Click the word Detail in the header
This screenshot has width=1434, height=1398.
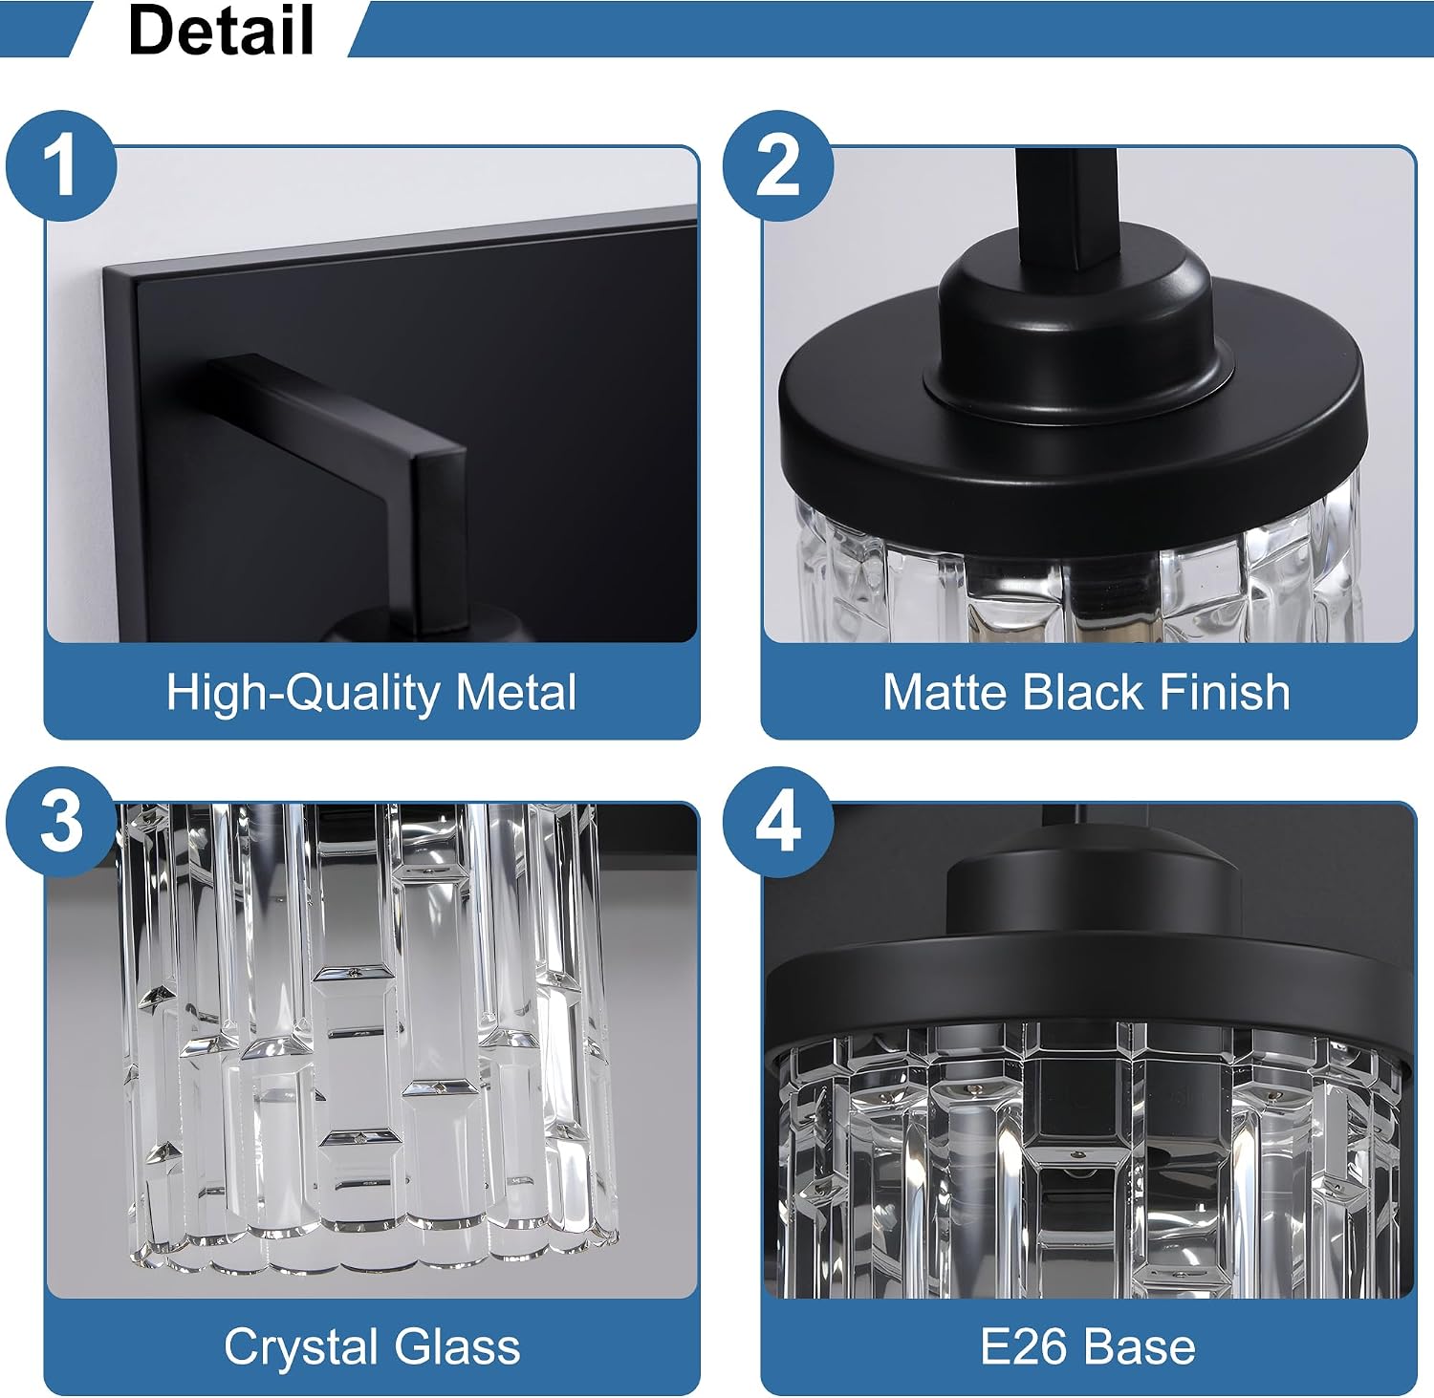(221, 30)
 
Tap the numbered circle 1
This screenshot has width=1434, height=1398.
(62, 166)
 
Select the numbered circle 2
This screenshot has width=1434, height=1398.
(778, 166)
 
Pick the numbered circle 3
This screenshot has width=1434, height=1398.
(62, 822)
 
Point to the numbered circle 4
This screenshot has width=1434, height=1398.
(778, 822)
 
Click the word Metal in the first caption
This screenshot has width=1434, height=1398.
(516, 691)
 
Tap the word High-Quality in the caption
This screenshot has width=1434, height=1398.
(303, 693)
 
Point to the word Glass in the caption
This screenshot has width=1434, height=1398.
(458, 1346)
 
